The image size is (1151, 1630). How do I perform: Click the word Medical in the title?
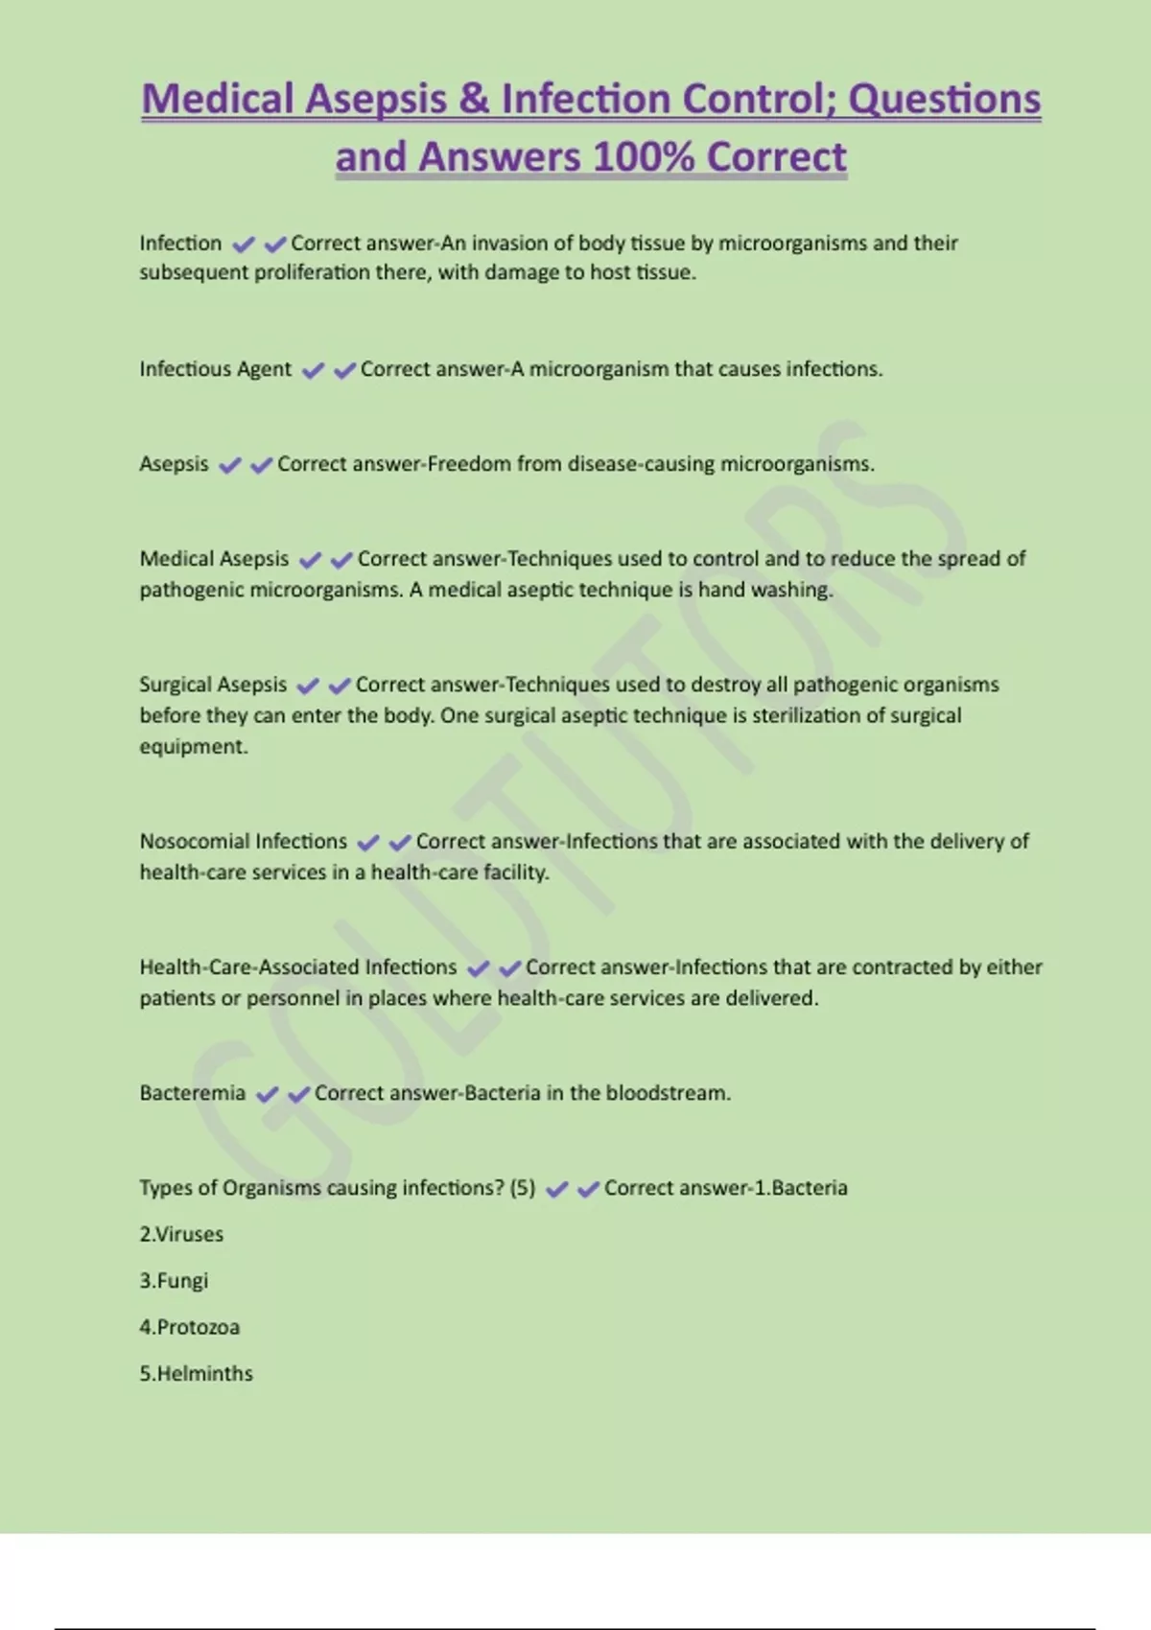click(x=218, y=99)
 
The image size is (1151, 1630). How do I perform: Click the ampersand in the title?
click(x=474, y=99)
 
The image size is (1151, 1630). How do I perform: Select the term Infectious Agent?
click(x=215, y=369)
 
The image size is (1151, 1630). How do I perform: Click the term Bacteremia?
click(x=192, y=1093)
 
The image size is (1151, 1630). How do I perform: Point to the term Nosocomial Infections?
click(x=244, y=841)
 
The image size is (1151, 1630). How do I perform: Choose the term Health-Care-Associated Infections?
click(x=298, y=966)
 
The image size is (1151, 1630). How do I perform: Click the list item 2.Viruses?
click(x=181, y=1234)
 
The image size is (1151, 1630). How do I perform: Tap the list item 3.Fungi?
click(x=174, y=1281)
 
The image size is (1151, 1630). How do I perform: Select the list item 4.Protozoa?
click(x=189, y=1327)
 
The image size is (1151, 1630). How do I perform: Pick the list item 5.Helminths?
click(x=196, y=1373)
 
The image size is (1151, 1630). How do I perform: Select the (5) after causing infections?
click(x=523, y=1188)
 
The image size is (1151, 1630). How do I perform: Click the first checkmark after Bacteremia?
click(x=268, y=1094)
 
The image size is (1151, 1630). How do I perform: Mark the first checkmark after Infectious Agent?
click(x=313, y=370)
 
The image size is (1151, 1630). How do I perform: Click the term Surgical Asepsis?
click(x=213, y=685)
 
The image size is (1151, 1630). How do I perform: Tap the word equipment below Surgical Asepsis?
click(x=193, y=747)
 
